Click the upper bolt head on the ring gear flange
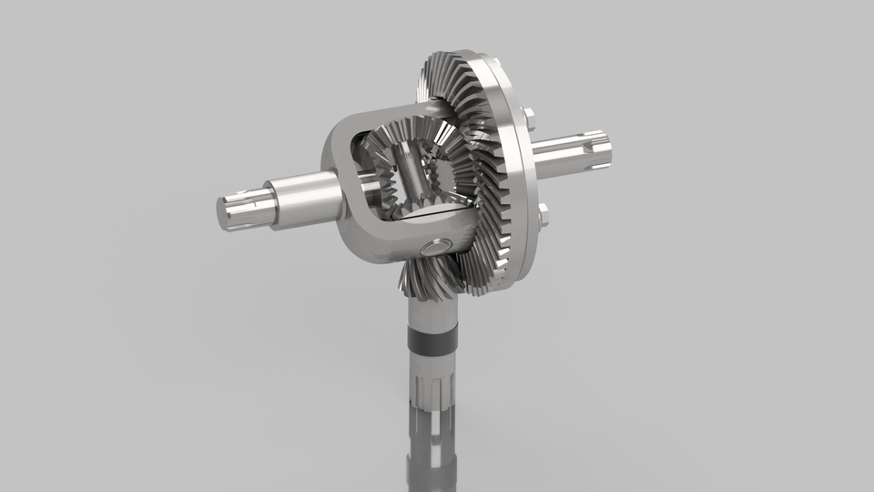pos(528,117)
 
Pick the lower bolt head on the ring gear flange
pos(543,215)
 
